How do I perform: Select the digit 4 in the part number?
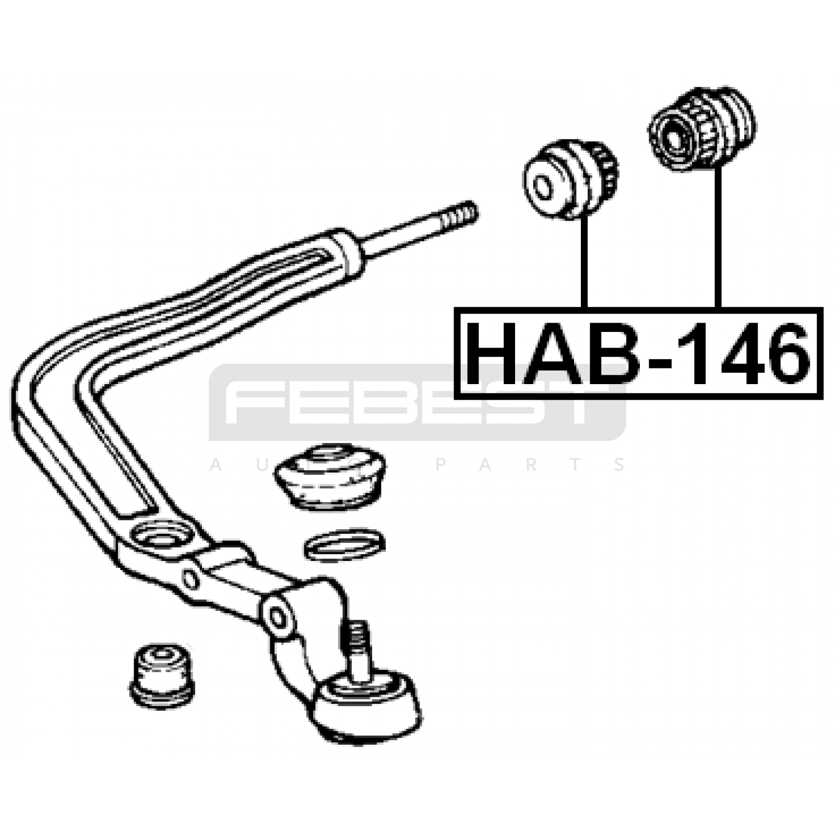(729, 353)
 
